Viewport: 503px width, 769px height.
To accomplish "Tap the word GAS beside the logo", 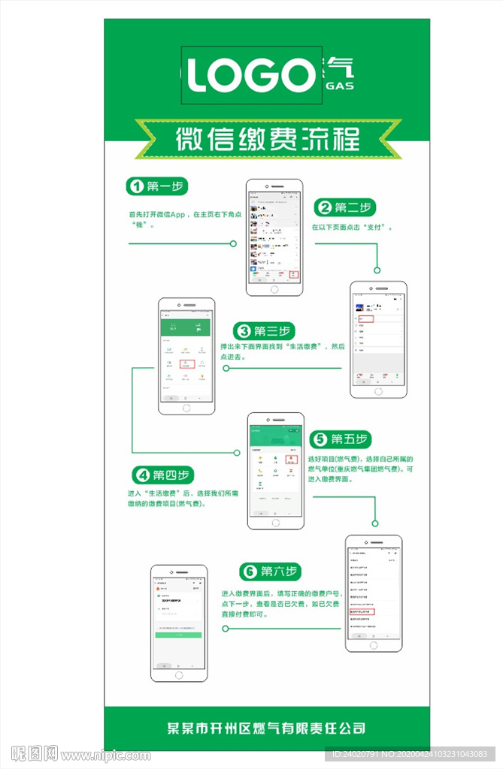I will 339,86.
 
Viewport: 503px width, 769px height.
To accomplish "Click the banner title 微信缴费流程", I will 267,140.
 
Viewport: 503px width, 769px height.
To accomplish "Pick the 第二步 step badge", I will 344,207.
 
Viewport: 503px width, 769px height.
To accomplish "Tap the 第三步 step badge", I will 263,331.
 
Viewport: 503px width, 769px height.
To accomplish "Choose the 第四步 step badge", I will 163,475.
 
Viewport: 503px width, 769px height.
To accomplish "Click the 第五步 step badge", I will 340,439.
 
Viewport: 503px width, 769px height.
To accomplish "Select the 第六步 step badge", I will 270,571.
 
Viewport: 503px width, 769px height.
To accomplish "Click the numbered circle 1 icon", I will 136,186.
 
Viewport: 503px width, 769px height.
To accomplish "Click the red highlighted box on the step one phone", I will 295,274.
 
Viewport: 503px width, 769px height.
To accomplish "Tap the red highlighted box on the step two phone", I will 365,319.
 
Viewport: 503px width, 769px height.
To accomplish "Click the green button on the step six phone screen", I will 178,635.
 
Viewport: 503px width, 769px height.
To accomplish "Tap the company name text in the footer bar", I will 266,728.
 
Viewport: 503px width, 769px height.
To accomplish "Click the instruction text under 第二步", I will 353,226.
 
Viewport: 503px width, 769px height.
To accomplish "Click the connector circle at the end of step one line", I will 233,243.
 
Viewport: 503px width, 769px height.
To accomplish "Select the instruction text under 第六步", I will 280,603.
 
